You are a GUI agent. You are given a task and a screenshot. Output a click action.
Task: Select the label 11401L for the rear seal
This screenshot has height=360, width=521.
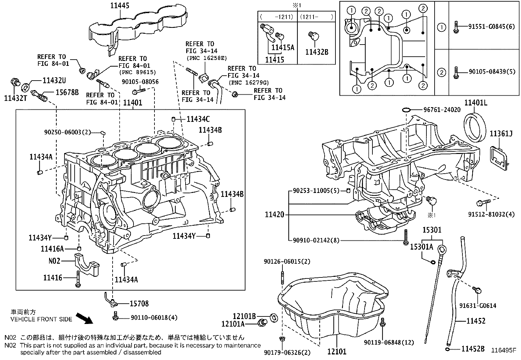click(x=476, y=103)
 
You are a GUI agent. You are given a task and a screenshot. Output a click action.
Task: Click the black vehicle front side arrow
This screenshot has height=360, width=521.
click(x=84, y=318)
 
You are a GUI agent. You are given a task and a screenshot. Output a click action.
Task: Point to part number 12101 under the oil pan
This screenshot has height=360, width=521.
click(x=337, y=352)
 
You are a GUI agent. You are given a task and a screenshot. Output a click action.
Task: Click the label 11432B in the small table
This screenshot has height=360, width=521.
click(x=316, y=52)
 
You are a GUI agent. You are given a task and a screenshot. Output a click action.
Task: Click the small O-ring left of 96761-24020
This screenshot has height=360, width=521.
click(x=406, y=109)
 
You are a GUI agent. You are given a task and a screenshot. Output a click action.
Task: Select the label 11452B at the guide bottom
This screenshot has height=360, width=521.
click(x=473, y=349)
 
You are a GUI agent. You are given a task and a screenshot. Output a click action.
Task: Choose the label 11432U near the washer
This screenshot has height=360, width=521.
click(x=54, y=80)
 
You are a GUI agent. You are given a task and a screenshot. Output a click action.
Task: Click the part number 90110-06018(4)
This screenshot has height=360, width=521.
click(x=154, y=317)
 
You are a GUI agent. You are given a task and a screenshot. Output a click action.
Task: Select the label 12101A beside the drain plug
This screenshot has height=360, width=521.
click(x=233, y=324)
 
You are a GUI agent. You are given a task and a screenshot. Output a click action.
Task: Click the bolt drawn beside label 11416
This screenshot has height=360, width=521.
click(x=78, y=279)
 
